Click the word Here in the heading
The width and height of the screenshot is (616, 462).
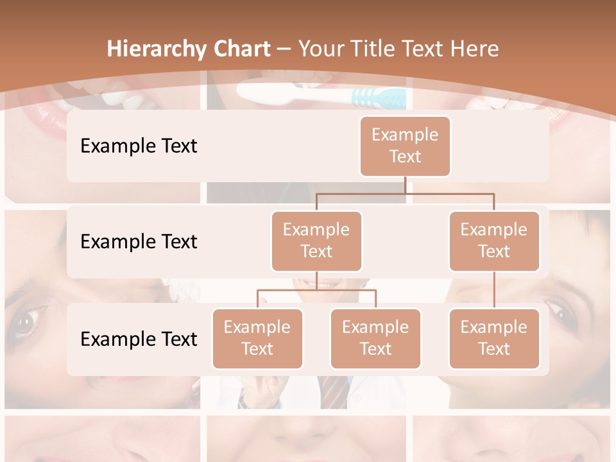(471, 49)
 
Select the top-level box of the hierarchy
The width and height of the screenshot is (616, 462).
(405, 146)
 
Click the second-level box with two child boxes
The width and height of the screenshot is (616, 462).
(316, 241)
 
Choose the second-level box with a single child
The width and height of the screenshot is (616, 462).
(494, 241)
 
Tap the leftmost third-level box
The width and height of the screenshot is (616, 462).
(257, 338)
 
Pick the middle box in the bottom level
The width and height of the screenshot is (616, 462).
(375, 338)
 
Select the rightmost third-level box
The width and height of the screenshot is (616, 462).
(494, 338)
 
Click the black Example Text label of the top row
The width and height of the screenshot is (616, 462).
(139, 146)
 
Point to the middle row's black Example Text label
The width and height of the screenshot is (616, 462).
(139, 241)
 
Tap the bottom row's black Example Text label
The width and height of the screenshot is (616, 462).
(139, 339)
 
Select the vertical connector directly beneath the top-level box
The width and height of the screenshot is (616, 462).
(405, 185)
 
